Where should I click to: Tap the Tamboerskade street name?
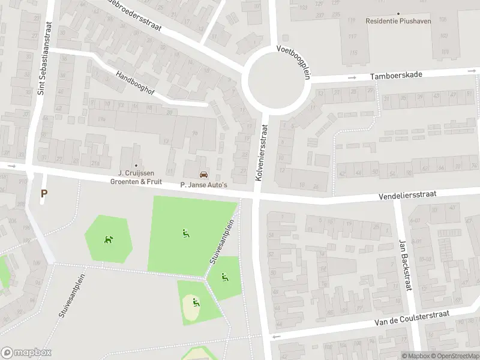(397, 75)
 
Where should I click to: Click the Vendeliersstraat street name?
(407, 196)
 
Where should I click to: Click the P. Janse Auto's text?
(204, 185)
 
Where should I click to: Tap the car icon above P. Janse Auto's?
(204, 175)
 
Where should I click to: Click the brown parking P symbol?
(43, 194)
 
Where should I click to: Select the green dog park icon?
(109, 240)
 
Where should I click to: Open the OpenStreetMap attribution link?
(457, 356)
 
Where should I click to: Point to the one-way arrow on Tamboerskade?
(353, 77)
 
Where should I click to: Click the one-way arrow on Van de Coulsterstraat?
(277, 337)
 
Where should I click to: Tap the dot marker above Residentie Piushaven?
(397, 13)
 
